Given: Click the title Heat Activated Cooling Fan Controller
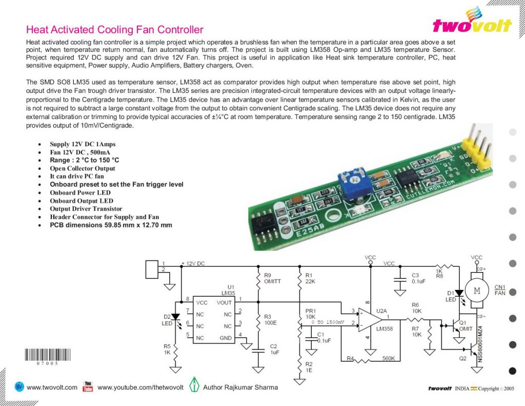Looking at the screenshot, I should point(114,30).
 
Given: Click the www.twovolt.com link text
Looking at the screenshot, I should point(52,387).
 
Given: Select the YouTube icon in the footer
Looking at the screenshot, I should point(88,386).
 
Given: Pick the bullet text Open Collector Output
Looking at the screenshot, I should point(83,168).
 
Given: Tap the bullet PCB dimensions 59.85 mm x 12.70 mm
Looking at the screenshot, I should point(111,225).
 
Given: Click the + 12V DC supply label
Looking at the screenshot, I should point(193,263).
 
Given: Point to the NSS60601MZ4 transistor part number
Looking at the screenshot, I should point(480,342).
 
